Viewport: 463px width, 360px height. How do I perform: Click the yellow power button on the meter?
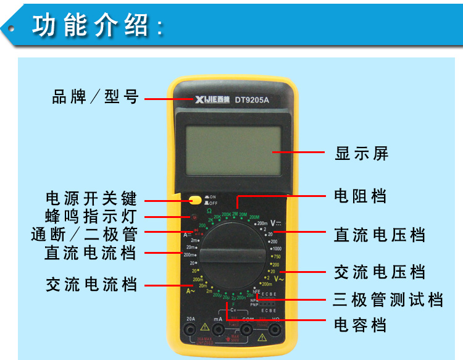click(196, 199)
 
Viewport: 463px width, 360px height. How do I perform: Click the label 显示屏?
click(362, 154)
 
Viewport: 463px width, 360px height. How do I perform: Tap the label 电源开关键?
click(91, 199)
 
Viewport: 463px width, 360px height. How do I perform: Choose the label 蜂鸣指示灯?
click(91, 217)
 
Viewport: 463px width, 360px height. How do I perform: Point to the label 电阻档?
click(361, 196)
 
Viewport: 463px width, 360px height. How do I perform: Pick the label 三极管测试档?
click(388, 300)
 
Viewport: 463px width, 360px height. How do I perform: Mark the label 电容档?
click(361, 325)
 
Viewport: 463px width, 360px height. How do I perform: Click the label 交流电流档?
click(91, 285)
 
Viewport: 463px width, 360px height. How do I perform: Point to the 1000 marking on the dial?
click(276, 248)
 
